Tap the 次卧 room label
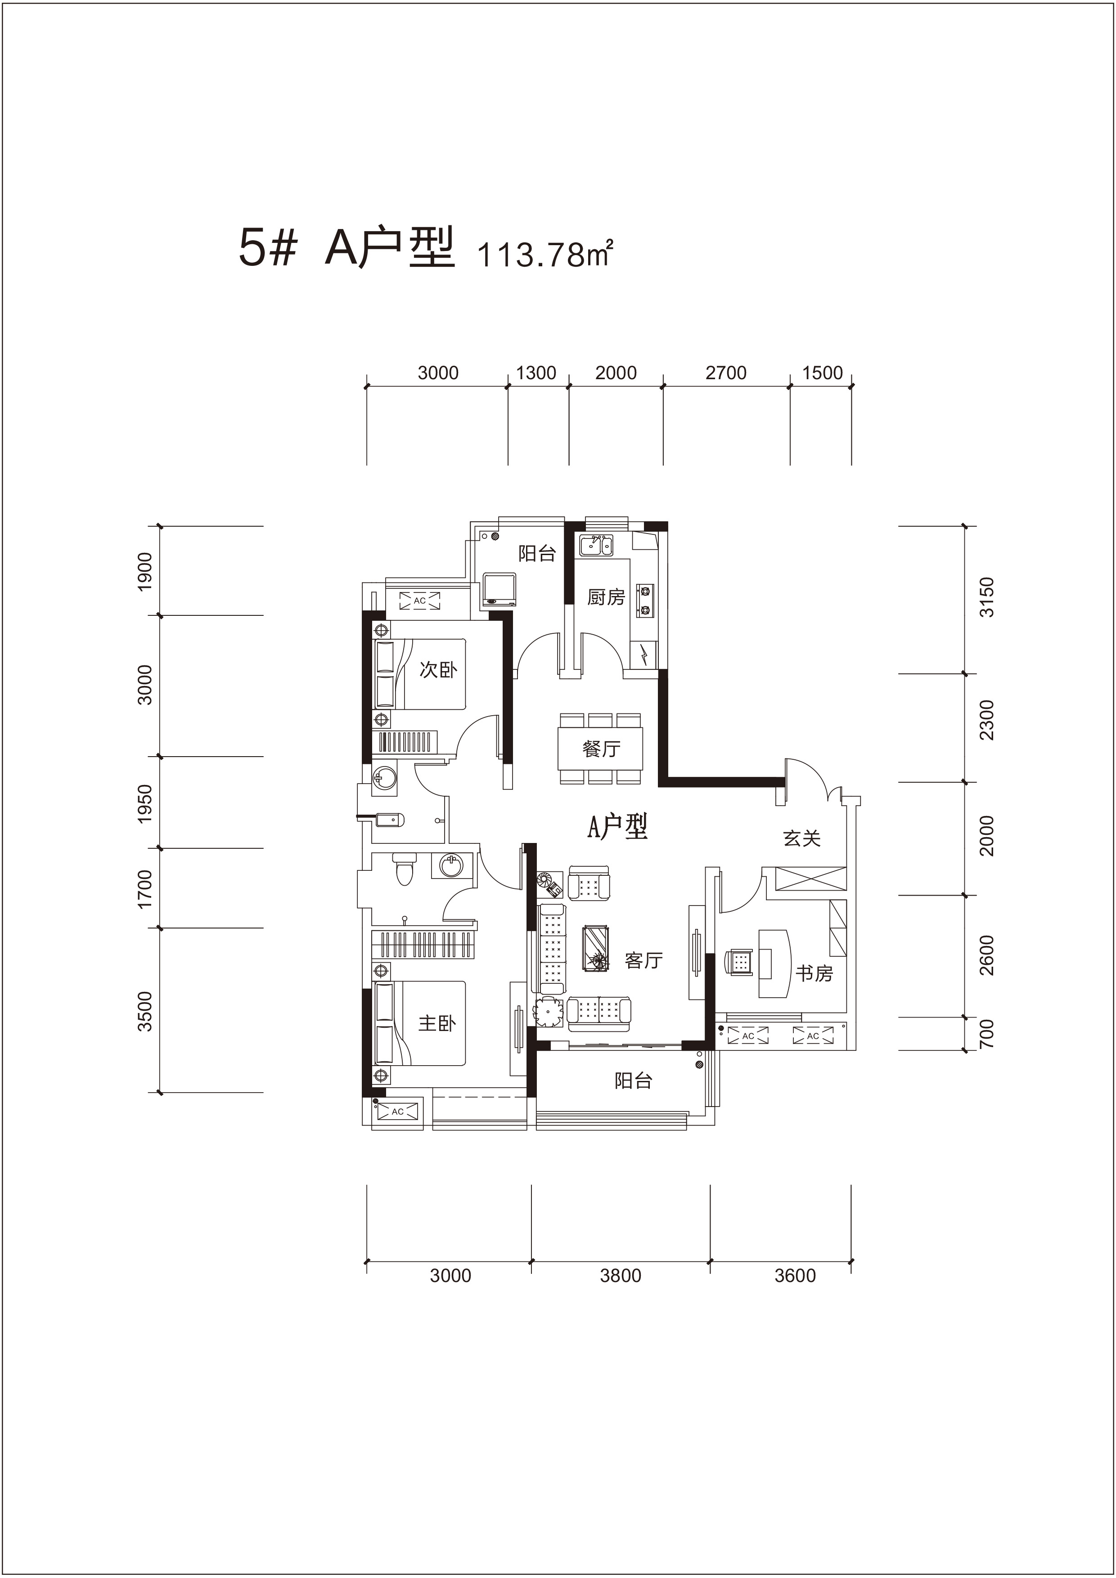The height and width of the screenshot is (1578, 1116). pos(438,669)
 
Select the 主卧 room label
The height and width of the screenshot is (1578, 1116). pos(437,1023)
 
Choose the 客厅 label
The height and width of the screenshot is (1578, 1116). pos(643,960)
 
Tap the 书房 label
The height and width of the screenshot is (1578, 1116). pos(814,973)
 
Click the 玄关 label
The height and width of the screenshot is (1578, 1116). pos(802,838)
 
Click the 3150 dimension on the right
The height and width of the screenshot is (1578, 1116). pos(987,597)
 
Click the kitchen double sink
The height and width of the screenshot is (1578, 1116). pos(596,546)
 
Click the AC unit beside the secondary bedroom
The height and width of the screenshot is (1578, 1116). pos(419,600)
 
